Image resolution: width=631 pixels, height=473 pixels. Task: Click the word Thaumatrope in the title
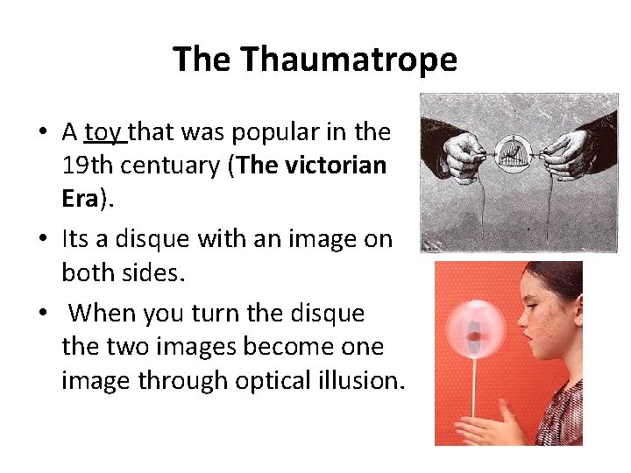(349, 60)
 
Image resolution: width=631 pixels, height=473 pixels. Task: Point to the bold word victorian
(337, 166)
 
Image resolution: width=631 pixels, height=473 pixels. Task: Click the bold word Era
(80, 200)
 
